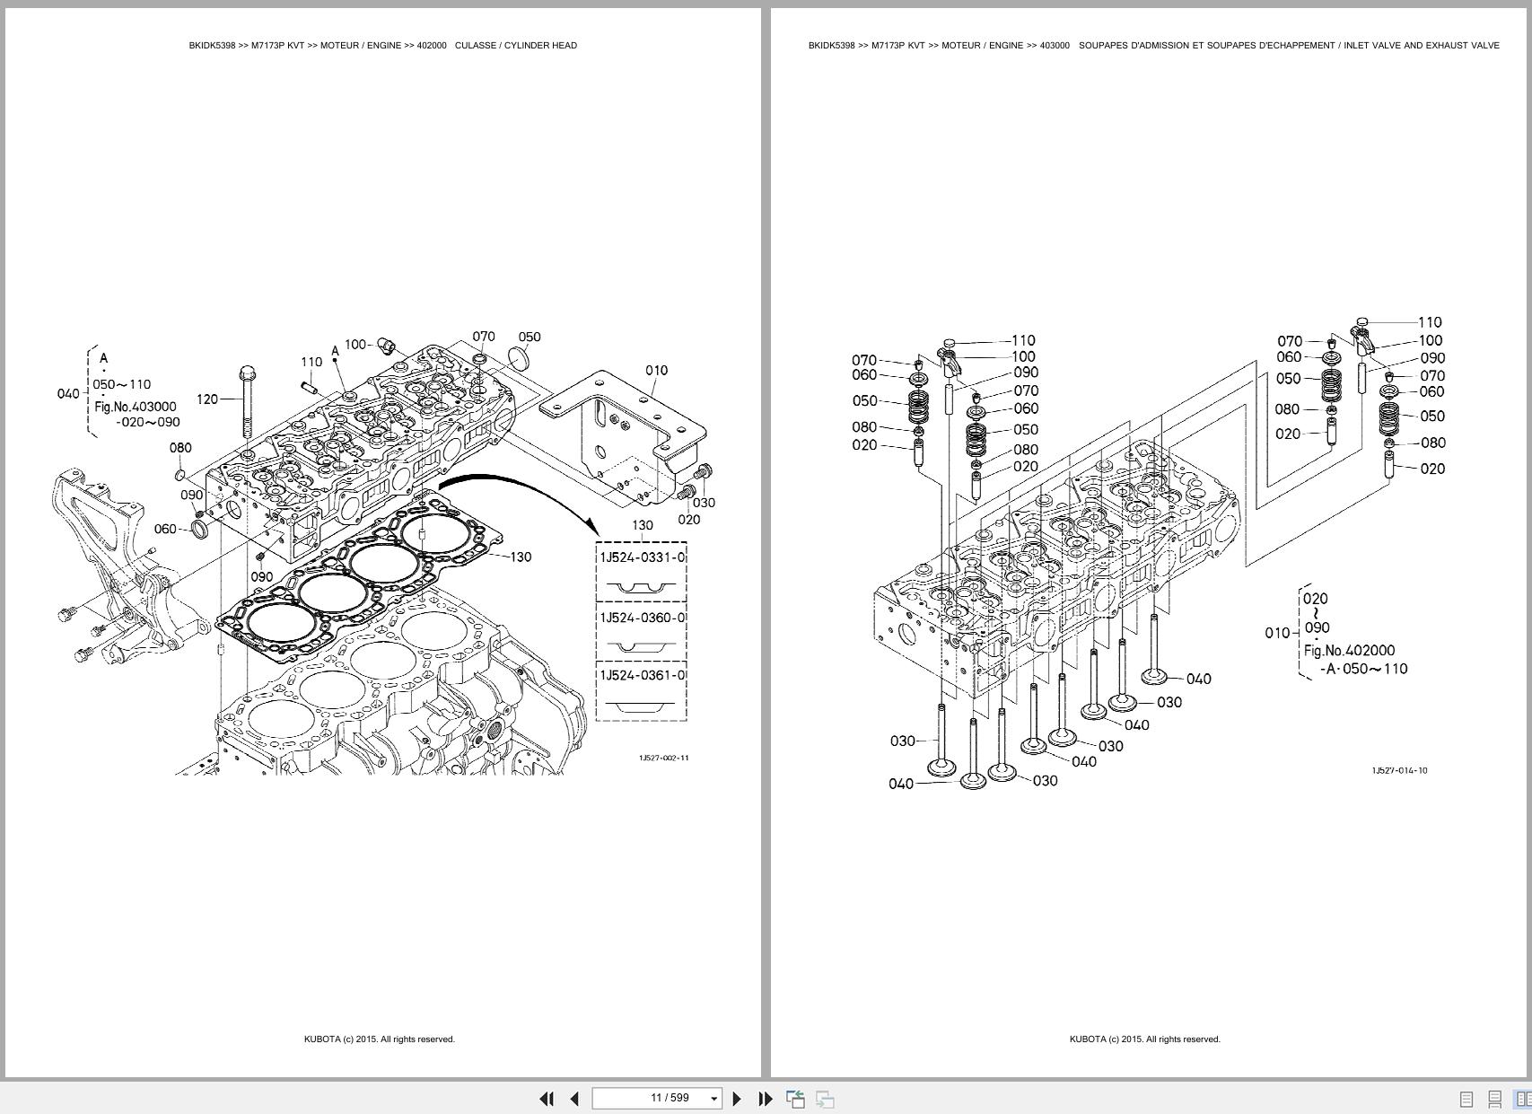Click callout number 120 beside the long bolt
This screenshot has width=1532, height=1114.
[206, 399]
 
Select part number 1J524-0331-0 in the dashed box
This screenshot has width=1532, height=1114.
[642, 557]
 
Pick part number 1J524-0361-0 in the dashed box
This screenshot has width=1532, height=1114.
[642, 675]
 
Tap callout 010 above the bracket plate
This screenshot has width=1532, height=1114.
[656, 370]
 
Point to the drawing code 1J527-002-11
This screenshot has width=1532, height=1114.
[663, 758]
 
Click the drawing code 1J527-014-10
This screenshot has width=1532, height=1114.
[1398, 770]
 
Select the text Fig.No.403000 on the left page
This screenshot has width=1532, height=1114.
[136, 407]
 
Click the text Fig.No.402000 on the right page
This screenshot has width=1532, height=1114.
[1348, 651]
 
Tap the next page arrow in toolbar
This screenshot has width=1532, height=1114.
[737, 1098]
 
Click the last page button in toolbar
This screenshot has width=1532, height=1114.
[766, 1098]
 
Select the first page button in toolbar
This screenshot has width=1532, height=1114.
[546, 1098]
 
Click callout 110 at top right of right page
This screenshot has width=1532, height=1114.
[1430, 322]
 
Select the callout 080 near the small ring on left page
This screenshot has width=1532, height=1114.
[179, 447]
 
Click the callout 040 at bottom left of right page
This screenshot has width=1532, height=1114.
[900, 784]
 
